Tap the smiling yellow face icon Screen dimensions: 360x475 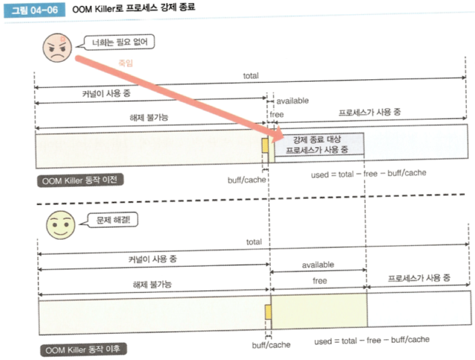(x=58, y=225)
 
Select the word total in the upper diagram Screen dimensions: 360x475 (x=250, y=76)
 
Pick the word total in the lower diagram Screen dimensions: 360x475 (x=253, y=242)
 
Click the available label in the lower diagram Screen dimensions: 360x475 (x=318, y=265)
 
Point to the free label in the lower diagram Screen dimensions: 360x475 (x=320, y=281)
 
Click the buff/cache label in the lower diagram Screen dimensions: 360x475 (x=271, y=344)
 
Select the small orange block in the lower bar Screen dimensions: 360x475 (x=268, y=312)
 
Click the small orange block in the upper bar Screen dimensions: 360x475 (x=265, y=145)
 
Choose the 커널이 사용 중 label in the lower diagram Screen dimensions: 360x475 (x=153, y=259)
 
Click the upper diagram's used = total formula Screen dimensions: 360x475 (x=369, y=173)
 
